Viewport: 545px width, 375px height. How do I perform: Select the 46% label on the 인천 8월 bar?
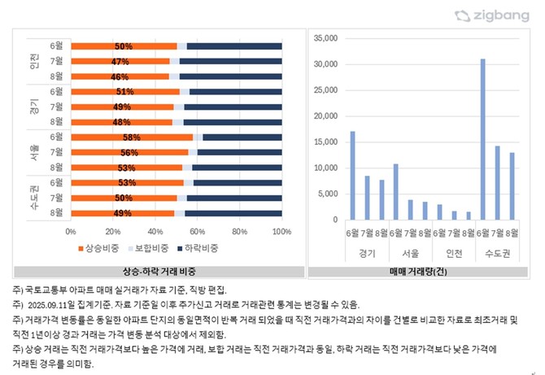click(x=120, y=76)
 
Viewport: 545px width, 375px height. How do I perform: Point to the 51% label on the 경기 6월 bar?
click(x=124, y=92)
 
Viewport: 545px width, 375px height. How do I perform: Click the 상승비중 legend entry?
click(x=102, y=247)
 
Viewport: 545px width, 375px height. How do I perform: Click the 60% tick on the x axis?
click(x=198, y=231)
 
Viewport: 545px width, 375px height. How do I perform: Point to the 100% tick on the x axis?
click(x=281, y=231)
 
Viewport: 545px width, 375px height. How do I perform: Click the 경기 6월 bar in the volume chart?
click(x=352, y=175)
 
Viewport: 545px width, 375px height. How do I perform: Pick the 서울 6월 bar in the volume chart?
click(x=395, y=191)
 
